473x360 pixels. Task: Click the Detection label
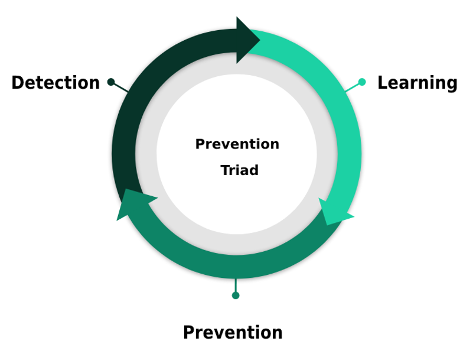coord(56,82)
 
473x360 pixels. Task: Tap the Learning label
coord(417,83)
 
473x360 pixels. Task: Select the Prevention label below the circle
coord(233,333)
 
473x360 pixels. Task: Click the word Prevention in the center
coord(237,144)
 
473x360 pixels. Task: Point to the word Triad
coord(240,170)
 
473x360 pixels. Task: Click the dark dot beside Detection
coord(111,82)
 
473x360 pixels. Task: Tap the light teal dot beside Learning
coord(362,82)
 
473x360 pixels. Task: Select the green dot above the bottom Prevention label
coord(236,296)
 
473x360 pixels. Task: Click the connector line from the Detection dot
coord(120,87)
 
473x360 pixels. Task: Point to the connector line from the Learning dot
coord(353,87)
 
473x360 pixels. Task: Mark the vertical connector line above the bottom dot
coord(236,286)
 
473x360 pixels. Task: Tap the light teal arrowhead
coord(334,212)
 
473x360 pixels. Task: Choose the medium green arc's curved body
coord(235,267)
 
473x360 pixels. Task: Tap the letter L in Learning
coord(382,82)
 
